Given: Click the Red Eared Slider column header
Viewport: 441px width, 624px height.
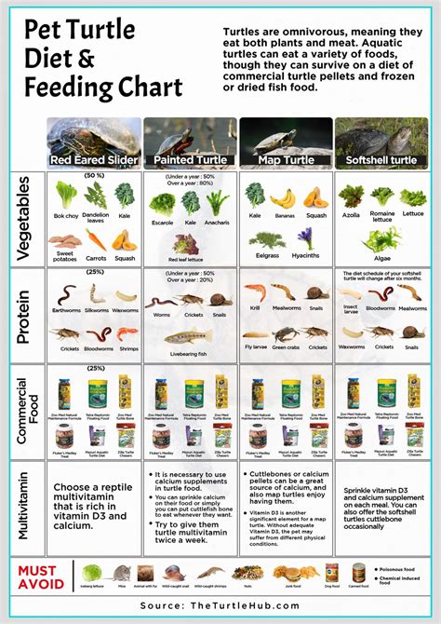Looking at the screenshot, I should pos(93,160).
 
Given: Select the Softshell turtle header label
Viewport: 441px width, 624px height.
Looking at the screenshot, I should pos(382,160).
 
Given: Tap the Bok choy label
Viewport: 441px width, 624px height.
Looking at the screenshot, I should pos(66,215).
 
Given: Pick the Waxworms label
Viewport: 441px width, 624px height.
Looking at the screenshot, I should pos(352,346).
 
